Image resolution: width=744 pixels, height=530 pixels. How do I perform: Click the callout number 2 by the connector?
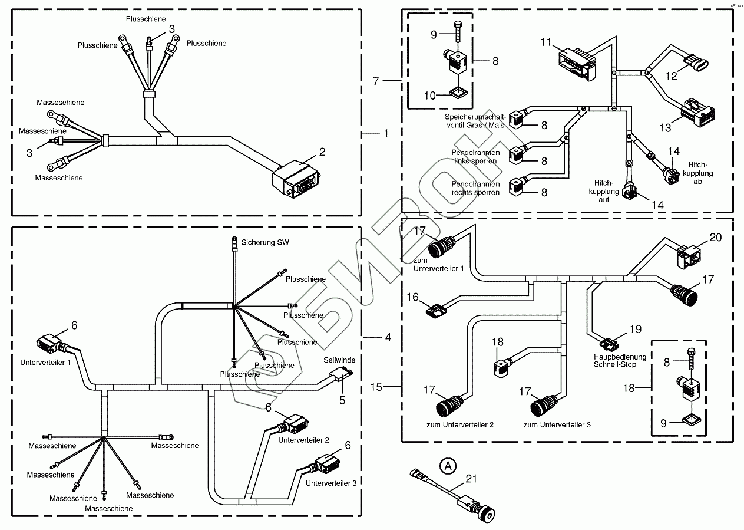(x=322, y=152)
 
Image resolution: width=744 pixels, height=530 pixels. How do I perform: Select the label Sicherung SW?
(x=265, y=242)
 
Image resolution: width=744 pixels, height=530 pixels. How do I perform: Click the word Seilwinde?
(x=339, y=360)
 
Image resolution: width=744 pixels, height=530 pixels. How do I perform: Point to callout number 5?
(x=343, y=400)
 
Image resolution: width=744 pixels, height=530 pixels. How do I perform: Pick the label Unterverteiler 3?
(x=330, y=483)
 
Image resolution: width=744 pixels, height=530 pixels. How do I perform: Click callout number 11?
(x=547, y=42)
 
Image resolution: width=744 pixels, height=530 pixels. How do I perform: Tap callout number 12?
(x=672, y=75)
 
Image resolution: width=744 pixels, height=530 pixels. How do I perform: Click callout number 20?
(x=715, y=237)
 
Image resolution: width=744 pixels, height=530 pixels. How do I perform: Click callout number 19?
(x=634, y=330)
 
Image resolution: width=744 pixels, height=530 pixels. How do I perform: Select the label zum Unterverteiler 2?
(x=459, y=424)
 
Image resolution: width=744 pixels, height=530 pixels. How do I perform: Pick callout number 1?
(x=386, y=134)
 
